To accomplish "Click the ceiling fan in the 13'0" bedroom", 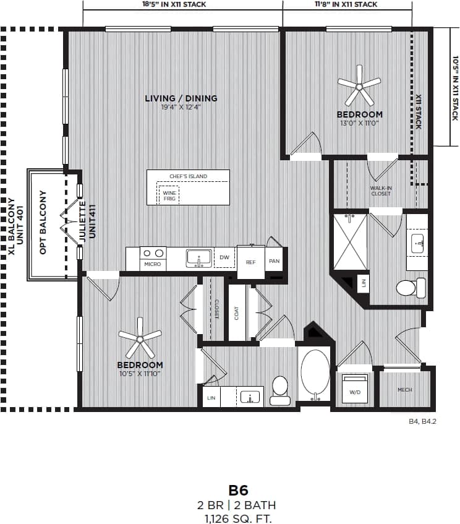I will (359, 85).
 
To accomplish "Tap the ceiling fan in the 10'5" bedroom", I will (140, 338).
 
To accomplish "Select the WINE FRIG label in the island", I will (169, 195).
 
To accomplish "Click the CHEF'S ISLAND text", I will (189, 177).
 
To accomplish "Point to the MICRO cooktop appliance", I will (153, 257).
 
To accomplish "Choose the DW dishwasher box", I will (224, 257).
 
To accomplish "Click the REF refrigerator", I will (250, 262).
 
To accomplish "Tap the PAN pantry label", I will (275, 261).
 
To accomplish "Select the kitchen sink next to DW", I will (198, 257).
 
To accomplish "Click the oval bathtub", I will (315, 372).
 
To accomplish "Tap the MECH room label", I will (405, 390).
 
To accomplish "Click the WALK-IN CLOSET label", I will (381, 191).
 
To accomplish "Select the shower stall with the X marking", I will (350, 242).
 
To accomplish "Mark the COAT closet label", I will (237, 314).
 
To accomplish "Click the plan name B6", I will (238, 490).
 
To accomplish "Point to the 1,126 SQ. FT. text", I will (238, 518).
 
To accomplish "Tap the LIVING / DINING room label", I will (181, 98).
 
